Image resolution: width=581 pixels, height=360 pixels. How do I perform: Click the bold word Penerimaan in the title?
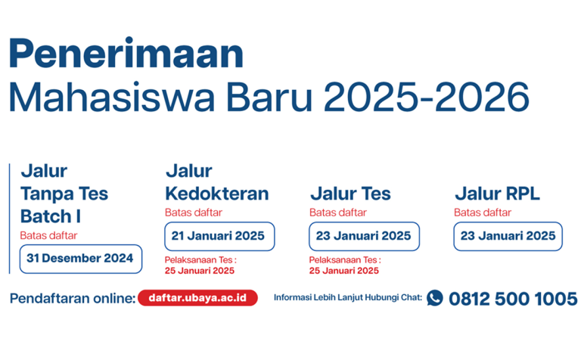click(126, 53)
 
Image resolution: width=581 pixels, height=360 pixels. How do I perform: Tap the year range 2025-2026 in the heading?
click(427, 97)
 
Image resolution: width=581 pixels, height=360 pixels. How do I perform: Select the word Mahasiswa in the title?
click(111, 97)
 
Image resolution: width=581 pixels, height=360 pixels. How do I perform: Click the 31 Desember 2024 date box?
click(81, 259)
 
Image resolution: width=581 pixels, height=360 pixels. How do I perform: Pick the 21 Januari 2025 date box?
click(219, 236)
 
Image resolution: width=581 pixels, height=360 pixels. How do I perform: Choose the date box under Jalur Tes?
click(364, 236)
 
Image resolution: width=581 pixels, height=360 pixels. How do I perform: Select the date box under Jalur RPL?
click(508, 236)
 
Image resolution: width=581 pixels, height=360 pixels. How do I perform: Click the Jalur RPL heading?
click(497, 194)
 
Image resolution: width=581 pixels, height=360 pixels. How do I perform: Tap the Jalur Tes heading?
click(350, 194)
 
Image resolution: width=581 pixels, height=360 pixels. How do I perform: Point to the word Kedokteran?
click(217, 194)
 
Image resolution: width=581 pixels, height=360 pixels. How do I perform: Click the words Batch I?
click(51, 216)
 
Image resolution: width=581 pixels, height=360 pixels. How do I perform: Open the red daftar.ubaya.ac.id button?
click(197, 298)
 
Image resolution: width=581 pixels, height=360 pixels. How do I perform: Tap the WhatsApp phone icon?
click(435, 298)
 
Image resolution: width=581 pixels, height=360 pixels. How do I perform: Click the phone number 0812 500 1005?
click(513, 299)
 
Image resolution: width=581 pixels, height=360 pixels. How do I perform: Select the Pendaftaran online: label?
click(73, 298)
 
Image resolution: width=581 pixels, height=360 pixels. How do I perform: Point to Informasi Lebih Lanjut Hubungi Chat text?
click(348, 297)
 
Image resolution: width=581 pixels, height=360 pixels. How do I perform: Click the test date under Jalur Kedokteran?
click(200, 271)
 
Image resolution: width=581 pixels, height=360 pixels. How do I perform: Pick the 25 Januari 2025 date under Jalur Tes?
click(344, 271)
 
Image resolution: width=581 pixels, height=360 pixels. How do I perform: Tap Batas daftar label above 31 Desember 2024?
click(48, 235)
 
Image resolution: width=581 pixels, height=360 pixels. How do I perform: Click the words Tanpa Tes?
click(64, 194)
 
